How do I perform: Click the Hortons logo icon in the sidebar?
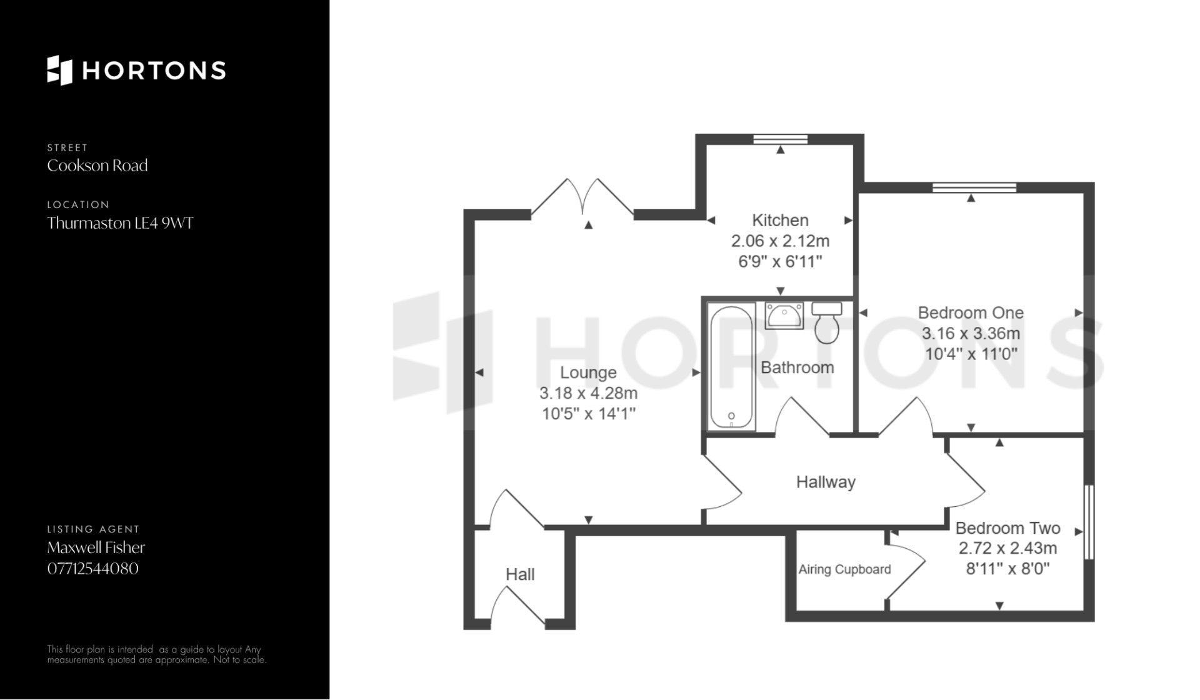60,70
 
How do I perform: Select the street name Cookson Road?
97,166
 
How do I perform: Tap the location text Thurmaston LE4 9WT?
121,223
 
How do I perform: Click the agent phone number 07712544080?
93,568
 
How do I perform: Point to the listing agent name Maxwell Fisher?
96,547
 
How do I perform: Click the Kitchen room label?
780,220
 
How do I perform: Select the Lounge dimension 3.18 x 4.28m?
588,393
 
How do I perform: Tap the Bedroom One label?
971,312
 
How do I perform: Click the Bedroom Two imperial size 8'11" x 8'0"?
1007,569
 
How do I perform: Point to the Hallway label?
826,482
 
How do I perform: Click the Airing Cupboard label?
844,569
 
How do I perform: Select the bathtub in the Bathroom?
731,367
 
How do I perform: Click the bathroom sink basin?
784,316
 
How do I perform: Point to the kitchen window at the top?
780,139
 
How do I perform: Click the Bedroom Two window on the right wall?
1089,522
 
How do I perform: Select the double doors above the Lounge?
582,199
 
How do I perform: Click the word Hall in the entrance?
520,574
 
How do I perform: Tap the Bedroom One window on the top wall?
974,187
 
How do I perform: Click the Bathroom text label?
797,367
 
